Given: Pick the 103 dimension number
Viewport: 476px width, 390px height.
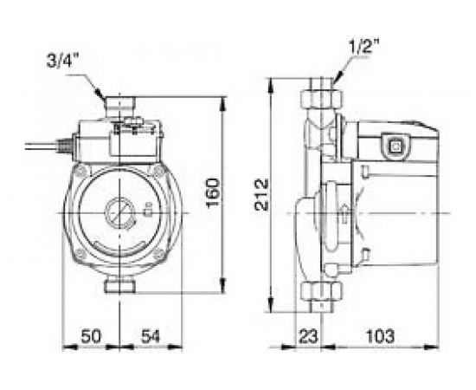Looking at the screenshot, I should [x=376, y=335].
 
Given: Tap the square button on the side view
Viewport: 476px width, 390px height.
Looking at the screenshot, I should [x=397, y=146].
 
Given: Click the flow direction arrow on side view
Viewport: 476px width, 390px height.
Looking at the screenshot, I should [x=346, y=211].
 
